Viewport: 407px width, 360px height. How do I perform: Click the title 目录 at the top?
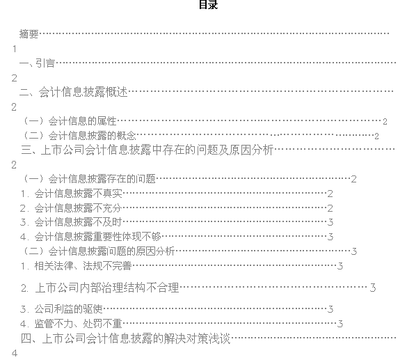(x=208, y=5)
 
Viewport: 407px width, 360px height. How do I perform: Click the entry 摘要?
(x=29, y=34)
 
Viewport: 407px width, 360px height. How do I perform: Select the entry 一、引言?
(x=37, y=63)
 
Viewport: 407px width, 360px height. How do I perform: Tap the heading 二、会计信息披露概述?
(x=74, y=92)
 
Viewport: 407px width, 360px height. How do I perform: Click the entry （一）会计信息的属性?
(x=70, y=121)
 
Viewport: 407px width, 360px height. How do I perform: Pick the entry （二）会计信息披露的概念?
(x=79, y=136)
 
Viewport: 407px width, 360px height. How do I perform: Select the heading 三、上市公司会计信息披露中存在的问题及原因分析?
(x=147, y=150)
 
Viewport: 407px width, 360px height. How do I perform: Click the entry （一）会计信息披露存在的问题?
(x=89, y=179)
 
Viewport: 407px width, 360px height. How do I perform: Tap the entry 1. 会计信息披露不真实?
(x=72, y=194)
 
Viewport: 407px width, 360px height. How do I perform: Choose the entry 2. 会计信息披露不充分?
(x=71, y=208)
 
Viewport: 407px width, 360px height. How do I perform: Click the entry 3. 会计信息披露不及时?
(x=71, y=222)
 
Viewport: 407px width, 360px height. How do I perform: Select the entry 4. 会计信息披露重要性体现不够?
(x=90, y=237)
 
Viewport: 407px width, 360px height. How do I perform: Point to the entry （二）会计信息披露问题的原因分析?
(x=99, y=251)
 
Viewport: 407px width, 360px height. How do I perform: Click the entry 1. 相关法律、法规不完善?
(x=77, y=266)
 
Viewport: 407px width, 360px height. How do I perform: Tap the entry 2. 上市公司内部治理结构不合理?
(x=100, y=288)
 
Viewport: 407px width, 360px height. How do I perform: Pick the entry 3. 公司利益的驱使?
(x=61, y=309)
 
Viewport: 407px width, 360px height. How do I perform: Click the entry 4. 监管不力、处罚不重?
(x=71, y=324)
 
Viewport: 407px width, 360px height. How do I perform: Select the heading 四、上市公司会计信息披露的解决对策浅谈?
(x=126, y=338)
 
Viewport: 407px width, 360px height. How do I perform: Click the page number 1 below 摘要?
(x=15, y=49)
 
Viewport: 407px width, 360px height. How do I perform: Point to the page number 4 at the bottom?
(x=15, y=353)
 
